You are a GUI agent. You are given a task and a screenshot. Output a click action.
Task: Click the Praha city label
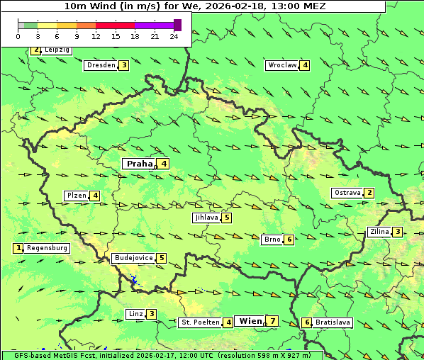[139, 164]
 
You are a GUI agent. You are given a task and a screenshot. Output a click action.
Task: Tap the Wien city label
[250, 321]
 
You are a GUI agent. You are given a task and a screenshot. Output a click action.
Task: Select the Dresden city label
[101, 65]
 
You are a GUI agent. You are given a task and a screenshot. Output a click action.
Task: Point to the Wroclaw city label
[281, 65]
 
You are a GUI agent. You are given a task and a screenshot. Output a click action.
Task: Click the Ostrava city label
[347, 193]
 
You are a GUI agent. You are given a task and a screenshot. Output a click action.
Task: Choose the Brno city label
[272, 240]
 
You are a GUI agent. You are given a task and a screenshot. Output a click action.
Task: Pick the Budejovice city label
[133, 258]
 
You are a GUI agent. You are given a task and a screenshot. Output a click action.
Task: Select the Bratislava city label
[333, 322]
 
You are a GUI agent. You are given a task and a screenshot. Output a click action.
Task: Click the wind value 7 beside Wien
[272, 321]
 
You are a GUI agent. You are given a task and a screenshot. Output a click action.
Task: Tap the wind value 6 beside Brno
[289, 240]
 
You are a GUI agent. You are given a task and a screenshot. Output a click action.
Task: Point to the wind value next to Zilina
[398, 232]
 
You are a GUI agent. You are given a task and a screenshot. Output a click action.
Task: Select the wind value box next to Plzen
[95, 196]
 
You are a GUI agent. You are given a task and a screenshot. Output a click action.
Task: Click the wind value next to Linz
[151, 314]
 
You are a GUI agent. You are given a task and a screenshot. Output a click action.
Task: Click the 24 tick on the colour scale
[174, 36]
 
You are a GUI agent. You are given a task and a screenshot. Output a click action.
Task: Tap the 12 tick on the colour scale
[96, 36]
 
